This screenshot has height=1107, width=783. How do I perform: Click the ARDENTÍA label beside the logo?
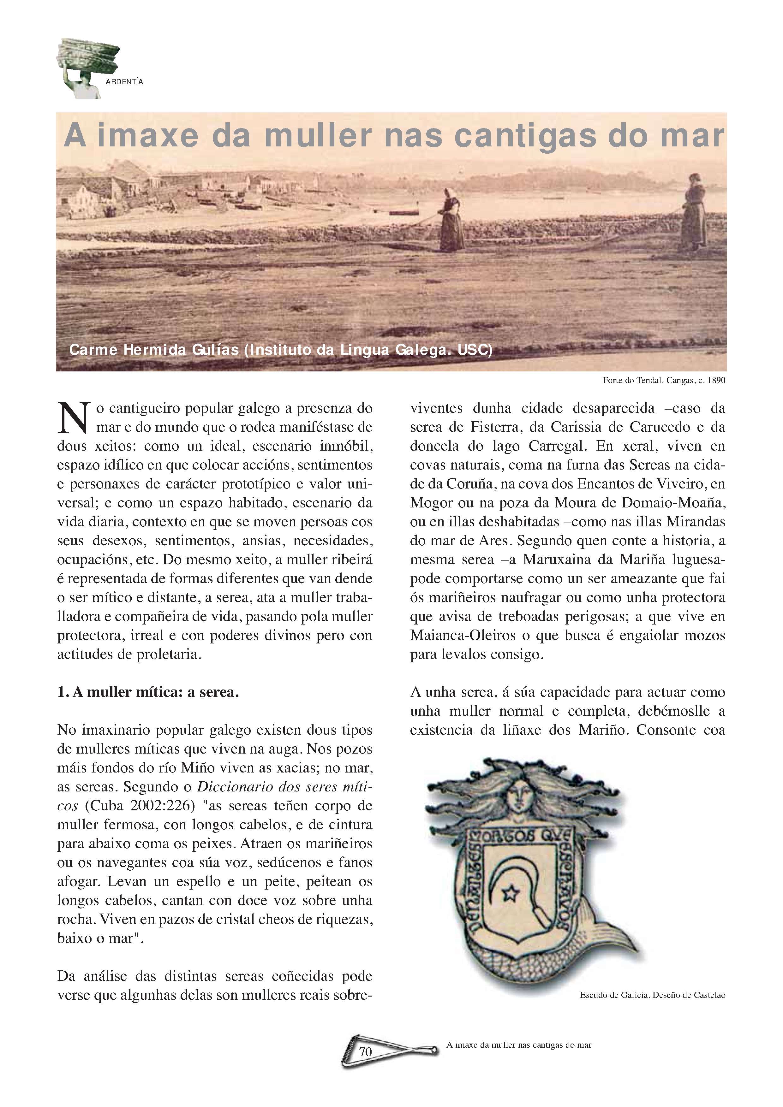124,82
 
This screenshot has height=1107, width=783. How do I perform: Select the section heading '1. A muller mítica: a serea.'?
148,692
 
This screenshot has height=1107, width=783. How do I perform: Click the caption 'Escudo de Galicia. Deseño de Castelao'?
652,995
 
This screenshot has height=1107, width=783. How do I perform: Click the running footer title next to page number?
519,1045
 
